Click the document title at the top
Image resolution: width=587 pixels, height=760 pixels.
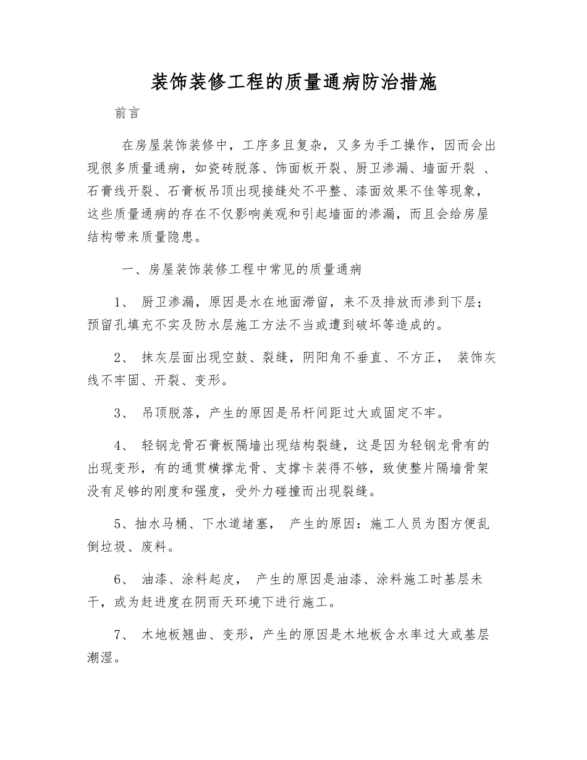(293, 83)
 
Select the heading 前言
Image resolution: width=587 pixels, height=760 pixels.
(127, 114)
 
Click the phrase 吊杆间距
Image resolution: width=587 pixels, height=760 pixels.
(324, 413)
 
